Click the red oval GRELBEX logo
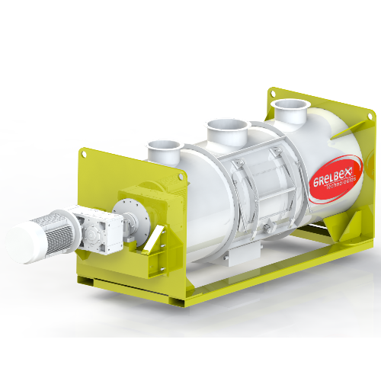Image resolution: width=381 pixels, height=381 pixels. coord(336,179)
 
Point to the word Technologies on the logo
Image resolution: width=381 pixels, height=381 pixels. coord(341,184)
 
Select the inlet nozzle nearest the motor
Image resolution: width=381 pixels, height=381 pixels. coord(165,152)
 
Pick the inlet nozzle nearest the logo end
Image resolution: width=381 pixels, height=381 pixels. coord(290,111)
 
